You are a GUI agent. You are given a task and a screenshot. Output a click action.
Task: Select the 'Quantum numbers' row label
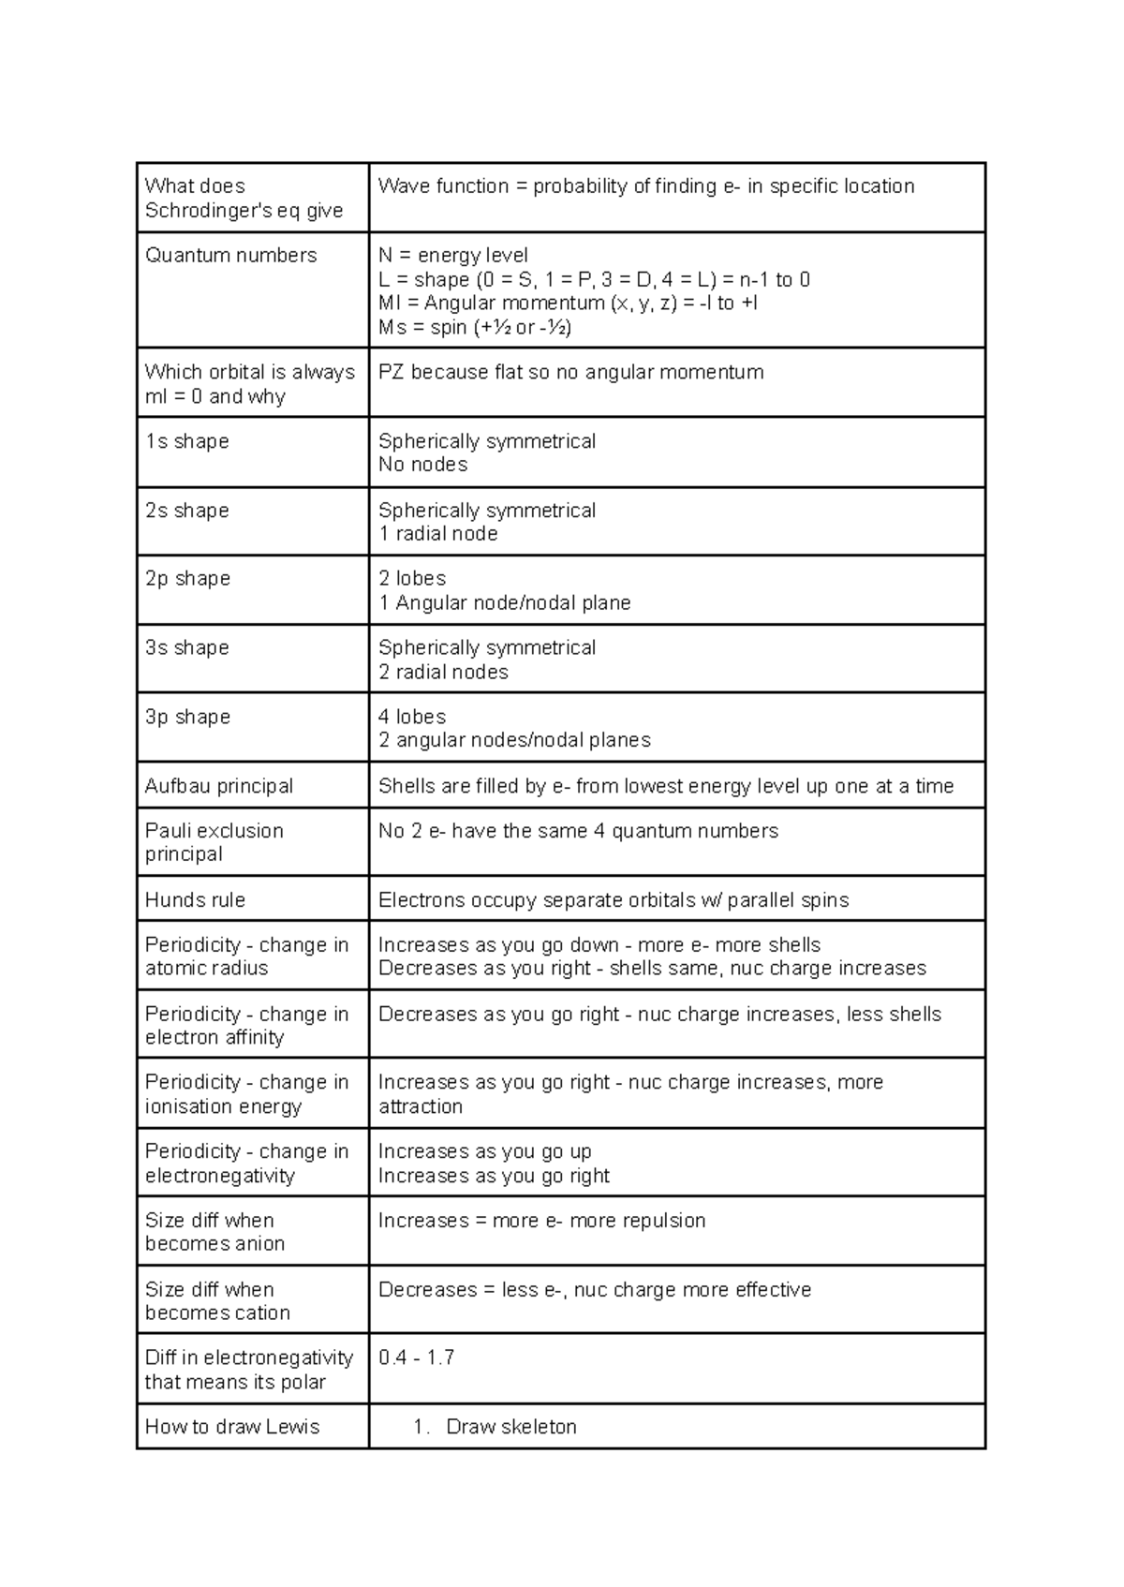coord(230,256)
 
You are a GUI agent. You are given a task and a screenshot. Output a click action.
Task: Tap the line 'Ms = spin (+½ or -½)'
coord(474,328)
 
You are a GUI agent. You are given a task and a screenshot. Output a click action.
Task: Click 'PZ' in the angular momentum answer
coord(391,373)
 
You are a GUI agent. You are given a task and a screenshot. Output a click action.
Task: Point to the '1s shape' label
coord(186,441)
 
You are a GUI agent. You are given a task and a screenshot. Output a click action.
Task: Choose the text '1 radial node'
coord(437,534)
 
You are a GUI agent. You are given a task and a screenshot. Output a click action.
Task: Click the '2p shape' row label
coord(187,579)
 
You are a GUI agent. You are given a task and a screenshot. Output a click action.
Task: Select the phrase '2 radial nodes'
coord(443,673)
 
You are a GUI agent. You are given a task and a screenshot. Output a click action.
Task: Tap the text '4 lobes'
coord(411,717)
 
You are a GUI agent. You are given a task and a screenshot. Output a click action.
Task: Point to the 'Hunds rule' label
coord(195,900)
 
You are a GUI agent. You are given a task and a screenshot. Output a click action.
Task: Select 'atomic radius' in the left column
coord(206,969)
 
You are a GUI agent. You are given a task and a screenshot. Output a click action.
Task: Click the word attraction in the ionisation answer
coord(420,1106)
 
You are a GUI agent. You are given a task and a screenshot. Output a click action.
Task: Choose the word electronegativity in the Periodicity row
coord(219,1176)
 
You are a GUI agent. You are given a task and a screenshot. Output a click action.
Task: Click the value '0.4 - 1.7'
coord(416,1358)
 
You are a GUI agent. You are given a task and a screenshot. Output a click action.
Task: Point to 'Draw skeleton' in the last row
coord(510,1427)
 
